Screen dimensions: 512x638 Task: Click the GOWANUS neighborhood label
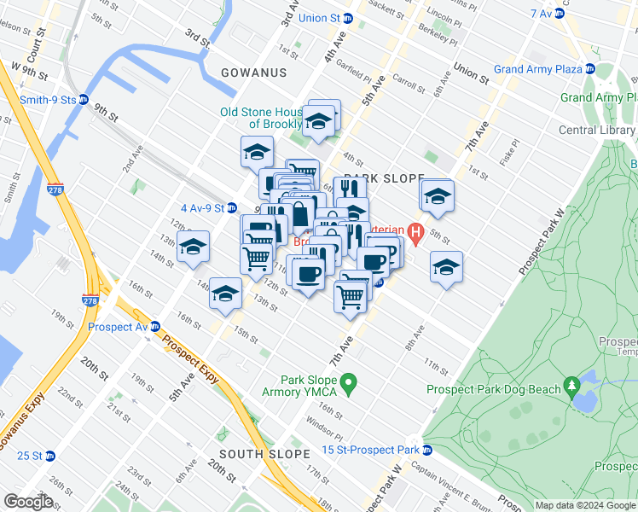pyautogui.click(x=253, y=73)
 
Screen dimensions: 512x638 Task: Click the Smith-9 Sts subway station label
pyautogui.click(x=48, y=99)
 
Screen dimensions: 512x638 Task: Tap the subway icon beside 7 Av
pyautogui.click(x=560, y=14)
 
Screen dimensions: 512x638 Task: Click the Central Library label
pyautogui.click(x=596, y=131)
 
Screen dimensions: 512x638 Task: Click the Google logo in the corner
pyautogui.click(x=28, y=501)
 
